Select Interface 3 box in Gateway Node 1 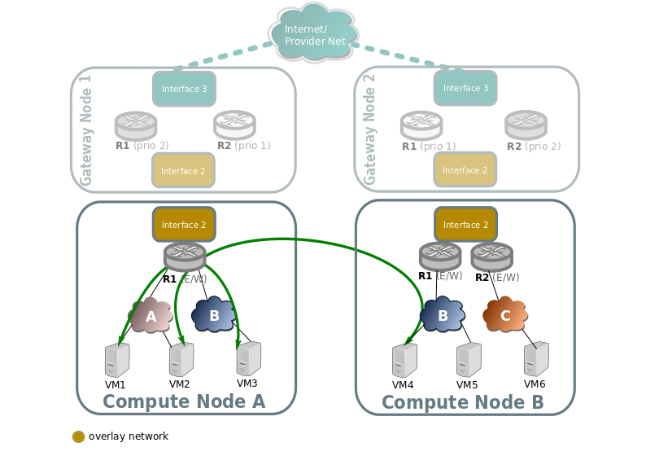(184, 89)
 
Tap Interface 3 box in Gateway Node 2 (465, 88)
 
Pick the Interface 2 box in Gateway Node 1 (183, 171)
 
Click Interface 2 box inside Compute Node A (184, 225)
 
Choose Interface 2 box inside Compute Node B (465, 225)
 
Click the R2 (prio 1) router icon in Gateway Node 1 (234, 124)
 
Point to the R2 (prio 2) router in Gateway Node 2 (526, 124)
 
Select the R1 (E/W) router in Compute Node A (185, 256)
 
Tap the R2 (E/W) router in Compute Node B (491, 256)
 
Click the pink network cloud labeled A (151, 315)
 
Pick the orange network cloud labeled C (505, 314)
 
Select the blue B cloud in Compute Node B (443, 315)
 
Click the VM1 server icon (117, 359)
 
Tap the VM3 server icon (248, 357)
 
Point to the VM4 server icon (404, 359)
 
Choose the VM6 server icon (536, 358)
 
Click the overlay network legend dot (79, 436)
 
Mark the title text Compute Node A (184, 401)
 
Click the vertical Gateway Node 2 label (370, 130)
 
